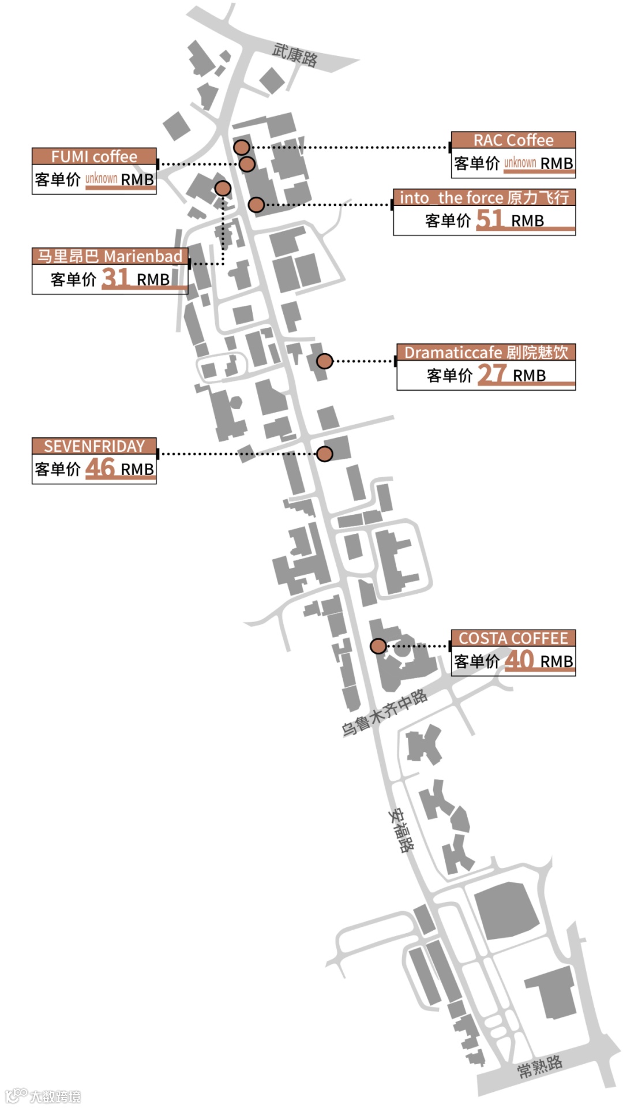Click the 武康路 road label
coord(295,55)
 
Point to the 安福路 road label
coord(401,830)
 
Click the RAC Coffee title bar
coord(513,140)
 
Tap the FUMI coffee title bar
coord(94,156)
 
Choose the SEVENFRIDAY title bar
coord(94,446)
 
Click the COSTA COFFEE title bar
coord(513,638)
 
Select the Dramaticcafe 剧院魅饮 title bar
coord(486,352)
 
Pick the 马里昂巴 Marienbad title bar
coord(110,256)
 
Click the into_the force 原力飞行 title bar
coord(484,197)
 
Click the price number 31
coord(115,278)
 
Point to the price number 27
coord(491,374)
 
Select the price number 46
coord(99,468)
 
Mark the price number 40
coord(518,660)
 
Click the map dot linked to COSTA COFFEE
coord(378,646)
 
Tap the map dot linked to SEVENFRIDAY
coord(325,454)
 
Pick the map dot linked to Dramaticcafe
coord(325,361)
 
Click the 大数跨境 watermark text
coord(55,1096)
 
